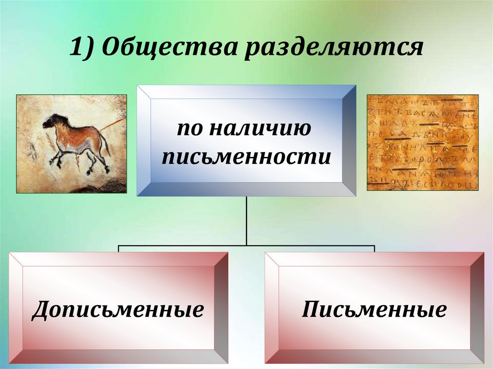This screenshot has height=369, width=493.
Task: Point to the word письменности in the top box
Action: tap(246, 157)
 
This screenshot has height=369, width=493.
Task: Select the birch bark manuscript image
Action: tap(423, 142)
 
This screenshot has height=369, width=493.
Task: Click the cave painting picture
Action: tap(72, 143)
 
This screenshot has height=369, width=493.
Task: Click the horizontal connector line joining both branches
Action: tap(246, 245)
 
